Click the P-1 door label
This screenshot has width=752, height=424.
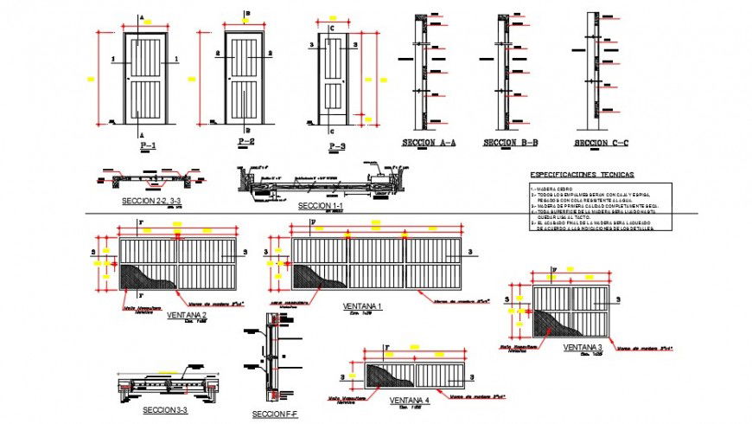click(147, 146)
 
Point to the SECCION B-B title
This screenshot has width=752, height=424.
click(510, 142)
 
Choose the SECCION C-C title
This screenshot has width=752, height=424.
click(601, 143)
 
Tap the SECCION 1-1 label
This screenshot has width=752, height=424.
click(321, 206)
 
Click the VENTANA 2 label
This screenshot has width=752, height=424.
click(187, 314)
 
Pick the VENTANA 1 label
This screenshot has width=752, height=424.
click(362, 307)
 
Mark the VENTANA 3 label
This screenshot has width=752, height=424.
click(583, 347)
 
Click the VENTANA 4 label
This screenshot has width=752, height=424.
click(410, 400)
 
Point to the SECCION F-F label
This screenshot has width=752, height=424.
click(275, 414)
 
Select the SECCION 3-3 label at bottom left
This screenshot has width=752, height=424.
click(165, 408)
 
